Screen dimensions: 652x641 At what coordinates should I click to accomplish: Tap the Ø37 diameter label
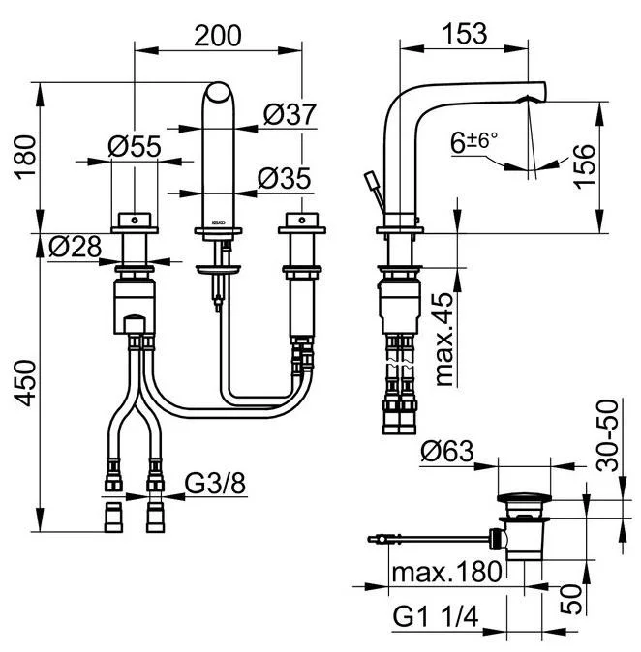tap(290, 114)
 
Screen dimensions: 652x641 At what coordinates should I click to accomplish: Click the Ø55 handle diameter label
tap(134, 147)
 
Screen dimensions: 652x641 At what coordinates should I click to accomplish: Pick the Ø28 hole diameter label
tap(75, 248)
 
